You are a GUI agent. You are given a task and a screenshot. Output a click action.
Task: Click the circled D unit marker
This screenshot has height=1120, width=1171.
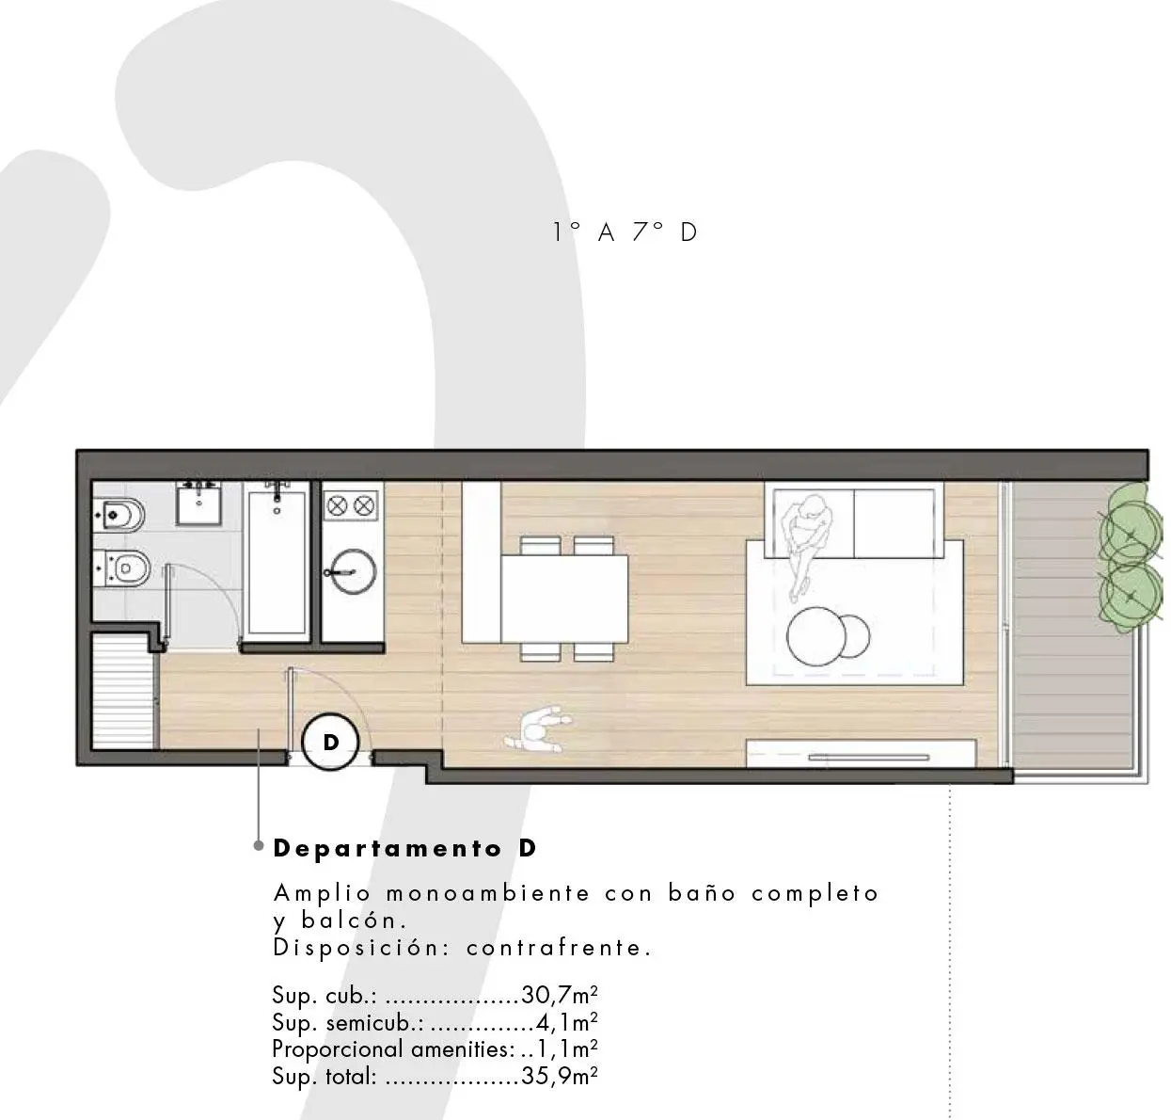(x=330, y=742)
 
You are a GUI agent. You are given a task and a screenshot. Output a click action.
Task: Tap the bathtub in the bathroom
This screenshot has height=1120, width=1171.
(x=277, y=560)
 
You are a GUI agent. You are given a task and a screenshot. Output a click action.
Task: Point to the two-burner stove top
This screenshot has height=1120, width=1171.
(x=351, y=505)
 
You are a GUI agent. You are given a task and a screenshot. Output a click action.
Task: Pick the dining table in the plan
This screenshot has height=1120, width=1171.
(x=564, y=599)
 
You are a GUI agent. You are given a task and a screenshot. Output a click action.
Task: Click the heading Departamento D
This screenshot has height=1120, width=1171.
(x=404, y=848)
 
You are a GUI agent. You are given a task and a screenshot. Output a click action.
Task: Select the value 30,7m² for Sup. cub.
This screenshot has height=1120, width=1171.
(x=562, y=996)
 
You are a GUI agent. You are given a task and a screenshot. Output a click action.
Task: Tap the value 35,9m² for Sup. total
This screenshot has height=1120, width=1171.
(x=560, y=1076)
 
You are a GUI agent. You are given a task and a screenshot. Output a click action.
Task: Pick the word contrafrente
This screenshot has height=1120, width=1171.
(x=559, y=948)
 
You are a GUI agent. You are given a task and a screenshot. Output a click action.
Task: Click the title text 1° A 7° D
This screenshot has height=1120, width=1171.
(x=625, y=232)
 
